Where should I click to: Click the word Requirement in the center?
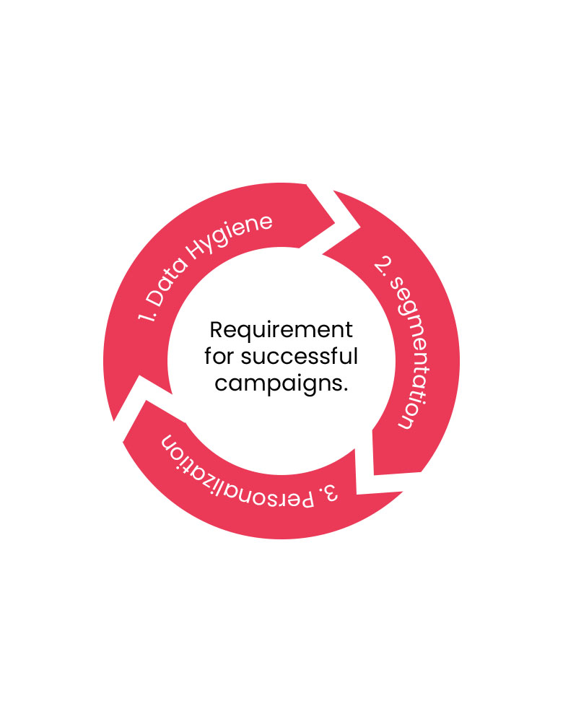click(x=281, y=331)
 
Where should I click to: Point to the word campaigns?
click(x=277, y=384)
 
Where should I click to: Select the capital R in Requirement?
click(x=216, y=331)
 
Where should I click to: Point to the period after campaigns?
click(x=346, y=389)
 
